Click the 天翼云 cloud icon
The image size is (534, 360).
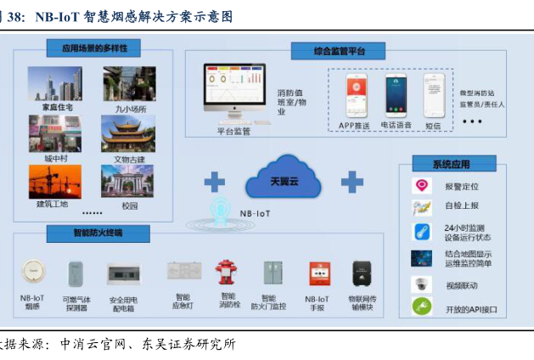[x=284, y=180]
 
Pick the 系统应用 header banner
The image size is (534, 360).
[x=451, y=165]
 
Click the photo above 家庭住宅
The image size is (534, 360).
[x=54, y=84]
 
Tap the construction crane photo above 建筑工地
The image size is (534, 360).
[x=54, y=180]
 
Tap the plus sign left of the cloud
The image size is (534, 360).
[x=214, y=180]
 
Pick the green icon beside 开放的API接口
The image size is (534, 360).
[x=422, y=307]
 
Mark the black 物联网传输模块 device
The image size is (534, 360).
[x=362, y=273]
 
